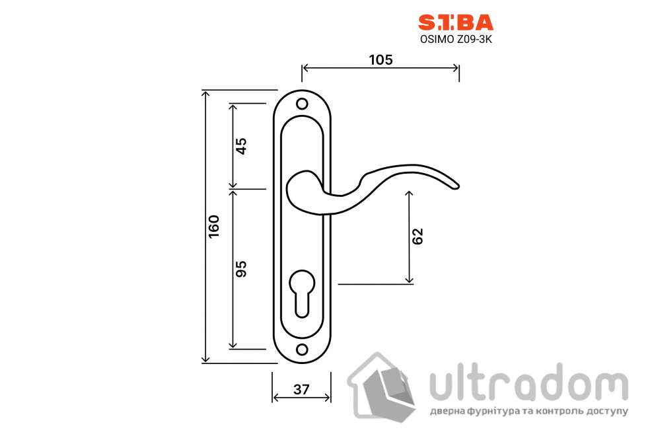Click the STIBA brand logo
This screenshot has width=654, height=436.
coord(455,23)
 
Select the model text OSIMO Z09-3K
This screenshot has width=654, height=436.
coord(456,39)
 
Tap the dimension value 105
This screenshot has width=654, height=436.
coord(381,59)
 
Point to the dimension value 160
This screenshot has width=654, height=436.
coord(214,227)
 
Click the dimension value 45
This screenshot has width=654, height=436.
coord(241,145)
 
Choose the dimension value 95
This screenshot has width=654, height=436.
coord(241,268)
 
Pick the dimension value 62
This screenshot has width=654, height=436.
coord(418,236)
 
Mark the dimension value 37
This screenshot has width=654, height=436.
coord(301,389)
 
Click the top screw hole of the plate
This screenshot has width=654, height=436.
coord(302,104)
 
